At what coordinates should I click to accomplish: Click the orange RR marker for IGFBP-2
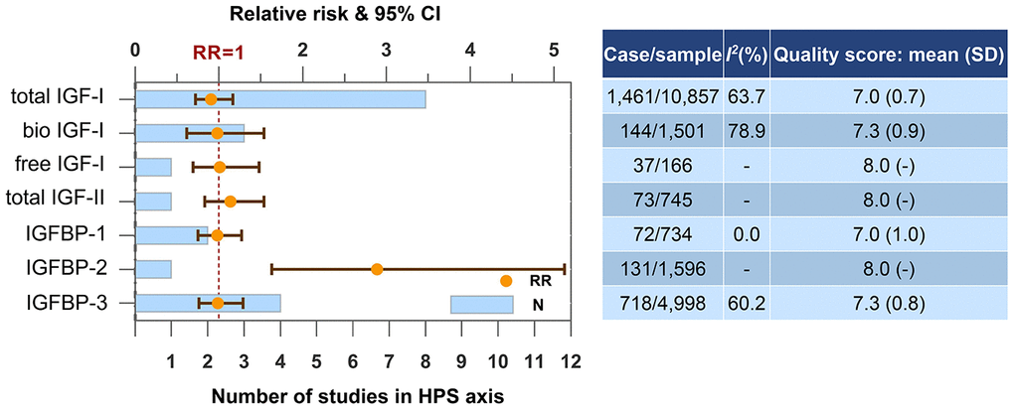pyautogui.click(x=377, y=269)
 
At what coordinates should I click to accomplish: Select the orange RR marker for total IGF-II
pyautogui.click(x=231, y=202)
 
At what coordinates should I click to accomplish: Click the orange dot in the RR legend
pyautogui.click(x=506, y=281)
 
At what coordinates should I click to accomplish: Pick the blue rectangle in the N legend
pyautogui.click(x=481, y=305)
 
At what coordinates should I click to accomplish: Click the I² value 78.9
pyautogui.click(x=747, y=132)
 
